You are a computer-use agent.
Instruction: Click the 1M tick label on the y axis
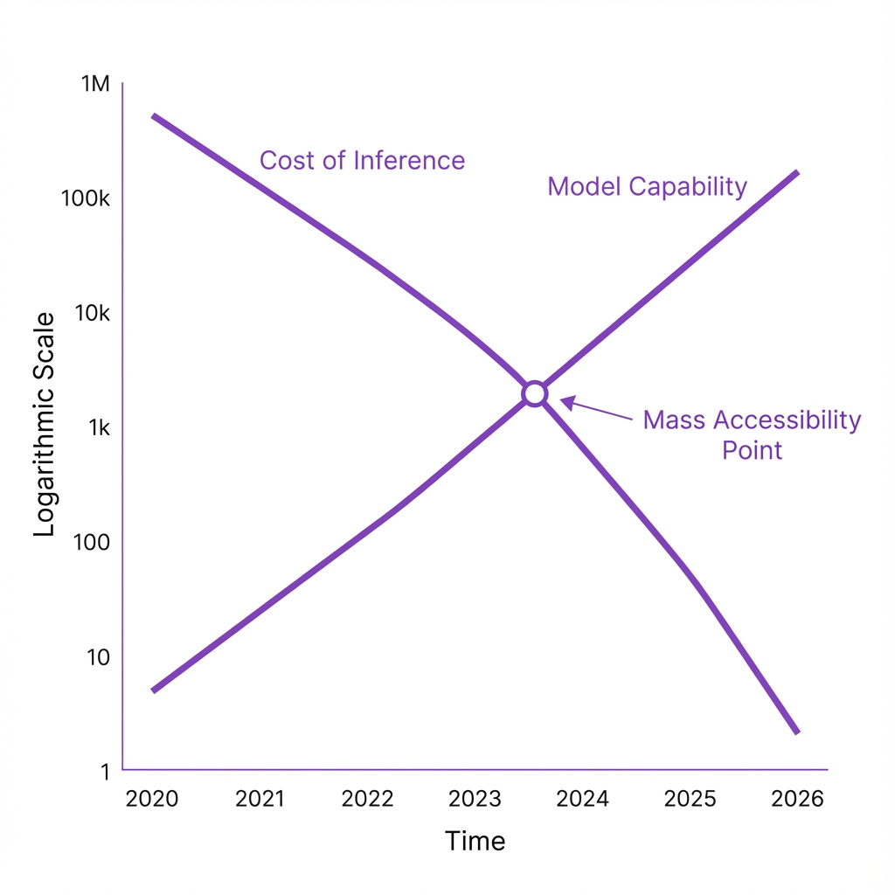(95, 84)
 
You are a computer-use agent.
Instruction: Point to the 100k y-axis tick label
(86, 198)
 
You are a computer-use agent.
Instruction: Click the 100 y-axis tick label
(93, 542)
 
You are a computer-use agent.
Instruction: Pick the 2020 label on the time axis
(152, 799)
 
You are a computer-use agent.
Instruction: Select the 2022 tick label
(368, 799)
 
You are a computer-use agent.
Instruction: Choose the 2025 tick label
(690, 799)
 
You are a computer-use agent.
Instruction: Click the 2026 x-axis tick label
(798, 799)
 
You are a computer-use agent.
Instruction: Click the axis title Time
(475, 841)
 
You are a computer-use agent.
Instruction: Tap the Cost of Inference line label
(362, 161)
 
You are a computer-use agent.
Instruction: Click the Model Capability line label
(647, 186)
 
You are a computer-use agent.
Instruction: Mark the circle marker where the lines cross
(535, 393)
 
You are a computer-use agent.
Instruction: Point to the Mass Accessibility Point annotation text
(752, 434)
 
